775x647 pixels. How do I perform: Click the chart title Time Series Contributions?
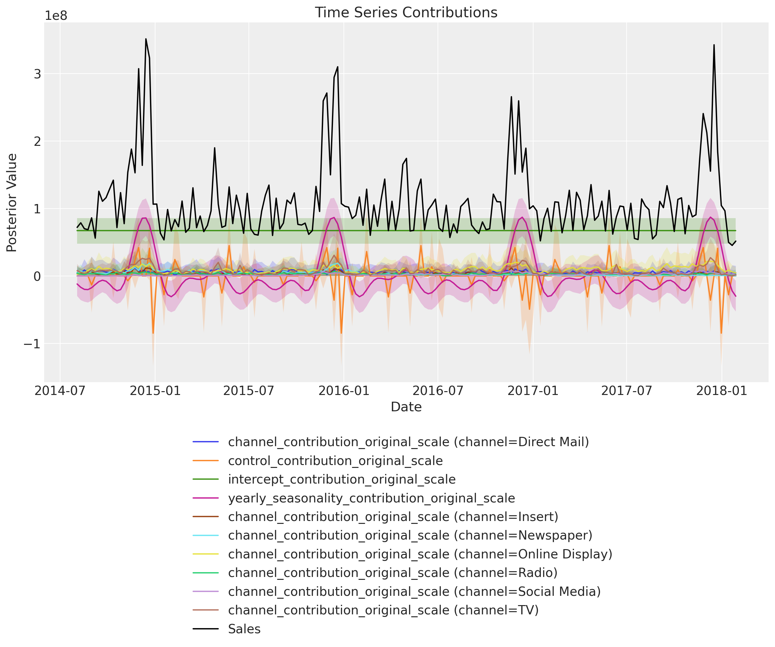pyautogui.click(x=406, y=12)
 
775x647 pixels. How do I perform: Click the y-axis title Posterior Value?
pyautogui.click(x=12, y=203)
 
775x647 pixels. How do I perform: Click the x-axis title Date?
pyautogui.click(x=406, y=407)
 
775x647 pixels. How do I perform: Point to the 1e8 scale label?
pyautogui.click(x=56, y=16)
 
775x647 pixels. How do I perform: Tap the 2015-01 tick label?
pyautogui.click(x=155, y=391)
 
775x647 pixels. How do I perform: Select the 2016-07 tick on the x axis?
pyautogui.click(x=438, y=391)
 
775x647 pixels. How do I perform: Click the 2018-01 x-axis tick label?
pyautogui.click(x=722, y=391)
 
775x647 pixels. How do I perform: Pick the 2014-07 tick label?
pyautogui.click(x=60, y=391)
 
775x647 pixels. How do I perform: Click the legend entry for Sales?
pyautogui.click(x=244, y=629)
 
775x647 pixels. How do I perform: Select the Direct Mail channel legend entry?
pyautogui.click(x=408, y=442)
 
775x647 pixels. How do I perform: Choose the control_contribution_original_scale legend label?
pyautogui.click(x=335, y=461)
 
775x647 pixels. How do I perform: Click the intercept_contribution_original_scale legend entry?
pyautogui.click(x=342, y=479)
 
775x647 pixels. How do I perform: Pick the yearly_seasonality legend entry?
pyautogui.click(x=371, y=498)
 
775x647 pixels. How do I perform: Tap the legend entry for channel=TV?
pyautogui.click(x=383, y=610)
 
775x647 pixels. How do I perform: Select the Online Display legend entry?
pyautogui.click(x=420, y=554)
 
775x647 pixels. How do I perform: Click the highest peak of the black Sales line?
pyautogui.click(x=146, y=39)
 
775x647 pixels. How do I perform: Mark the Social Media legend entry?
pyautogui.click(x=414, y=591)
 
